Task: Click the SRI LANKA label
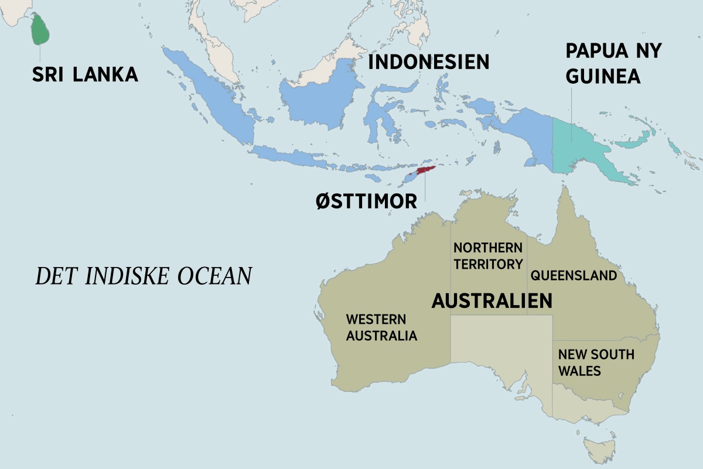point(85,74)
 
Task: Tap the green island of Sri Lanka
point(40,30)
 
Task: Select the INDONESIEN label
point(428,61)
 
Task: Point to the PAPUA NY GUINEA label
point(613,63)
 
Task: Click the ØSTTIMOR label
point(366,201)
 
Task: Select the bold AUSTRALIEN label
point(492,301)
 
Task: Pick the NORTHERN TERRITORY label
point(487,256)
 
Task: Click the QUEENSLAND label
point(573,275)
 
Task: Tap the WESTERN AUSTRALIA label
point(381,328)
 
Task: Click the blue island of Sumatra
point(211,94)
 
